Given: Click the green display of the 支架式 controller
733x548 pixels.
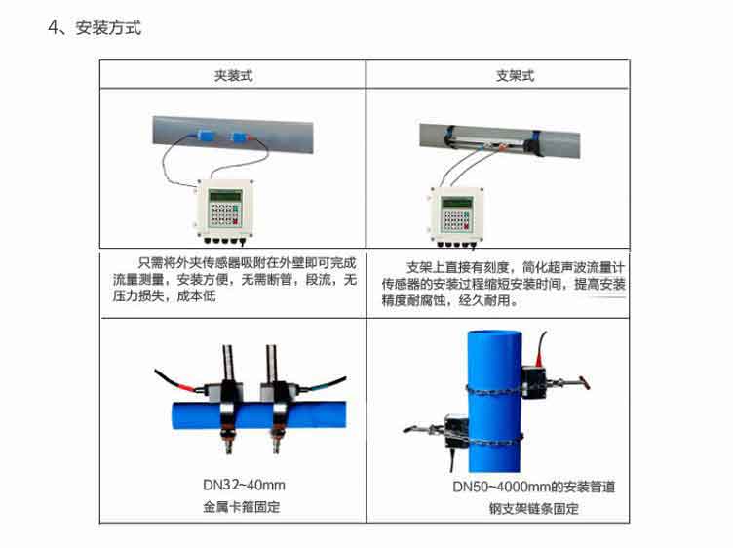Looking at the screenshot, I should pos(455,202).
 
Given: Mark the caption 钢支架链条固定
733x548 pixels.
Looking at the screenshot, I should pos(533,509).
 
